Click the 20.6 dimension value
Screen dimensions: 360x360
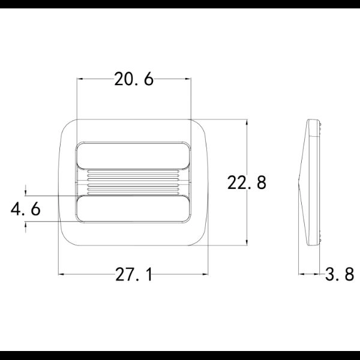point(134,79)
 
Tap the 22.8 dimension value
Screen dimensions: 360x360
point(247,182)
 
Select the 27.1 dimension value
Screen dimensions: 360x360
point(134,274)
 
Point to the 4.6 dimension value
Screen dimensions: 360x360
point(26,209)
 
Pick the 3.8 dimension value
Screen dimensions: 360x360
point(340,274)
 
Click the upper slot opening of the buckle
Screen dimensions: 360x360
point(133,156)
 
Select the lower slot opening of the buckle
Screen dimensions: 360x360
point(133,209)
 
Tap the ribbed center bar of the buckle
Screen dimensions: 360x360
point(133,182)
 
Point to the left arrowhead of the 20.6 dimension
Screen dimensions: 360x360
point(79,79)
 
